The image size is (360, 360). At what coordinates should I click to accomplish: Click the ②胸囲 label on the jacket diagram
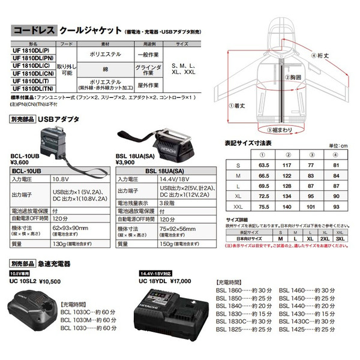293,77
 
